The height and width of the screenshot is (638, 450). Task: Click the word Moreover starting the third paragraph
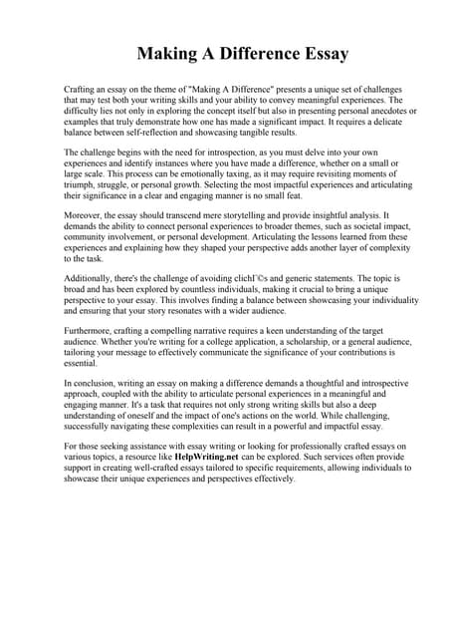[x=86, y=213]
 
